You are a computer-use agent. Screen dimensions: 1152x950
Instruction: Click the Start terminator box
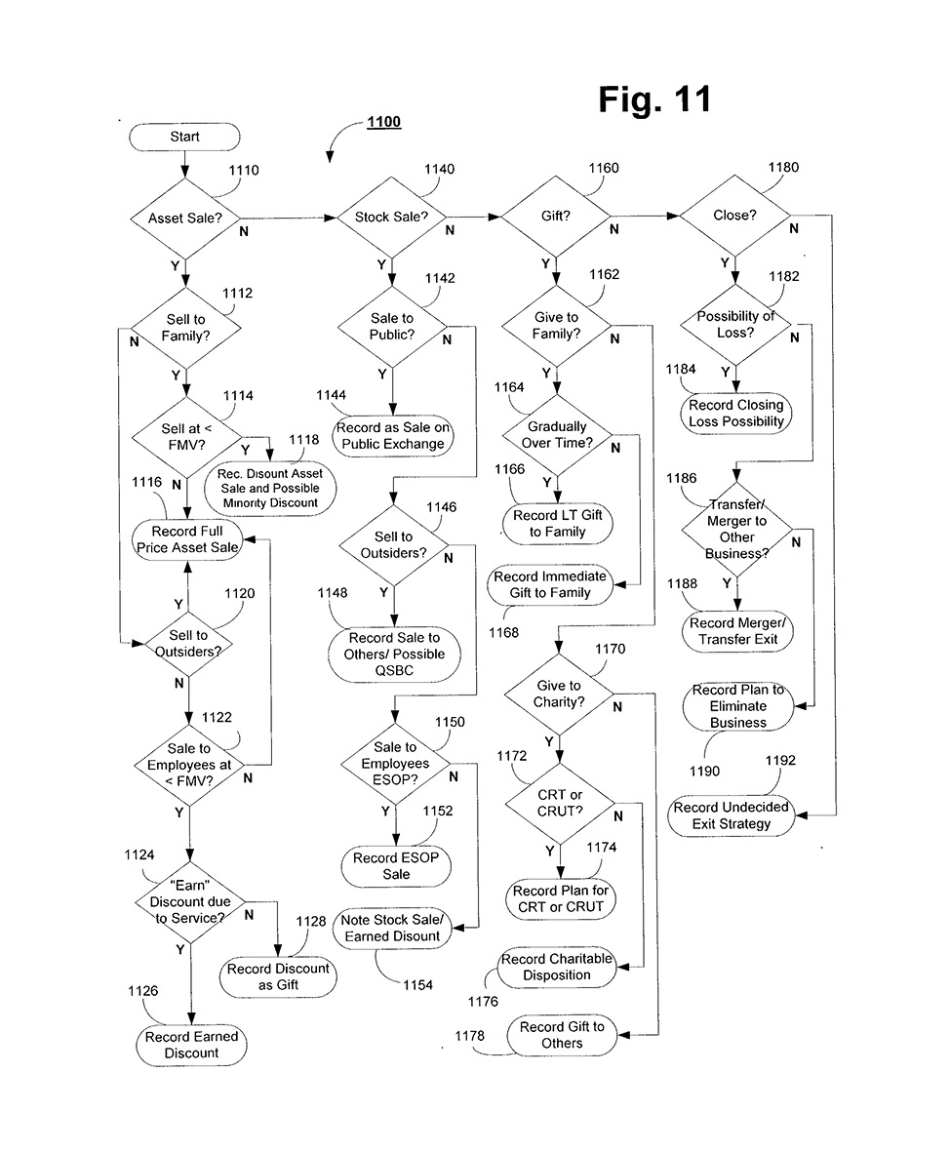184,137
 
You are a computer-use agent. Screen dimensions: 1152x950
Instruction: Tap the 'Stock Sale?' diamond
391,217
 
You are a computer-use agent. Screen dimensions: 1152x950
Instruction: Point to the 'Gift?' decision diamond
555,216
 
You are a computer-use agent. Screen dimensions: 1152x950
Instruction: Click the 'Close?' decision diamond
734,216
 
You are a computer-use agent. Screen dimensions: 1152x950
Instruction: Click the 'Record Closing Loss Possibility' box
736,414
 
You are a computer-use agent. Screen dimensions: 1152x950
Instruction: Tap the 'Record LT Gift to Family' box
558,524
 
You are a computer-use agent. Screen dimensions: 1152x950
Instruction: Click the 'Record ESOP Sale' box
396,866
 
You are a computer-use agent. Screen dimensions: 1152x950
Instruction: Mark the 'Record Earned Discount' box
191,1045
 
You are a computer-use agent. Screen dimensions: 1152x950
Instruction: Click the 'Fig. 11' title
654,99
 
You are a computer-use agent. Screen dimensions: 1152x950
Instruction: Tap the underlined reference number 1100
383,123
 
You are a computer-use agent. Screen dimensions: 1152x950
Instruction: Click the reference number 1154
418,985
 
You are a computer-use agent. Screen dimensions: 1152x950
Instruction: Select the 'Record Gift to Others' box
562,1035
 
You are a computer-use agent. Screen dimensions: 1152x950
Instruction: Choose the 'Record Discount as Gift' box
278,976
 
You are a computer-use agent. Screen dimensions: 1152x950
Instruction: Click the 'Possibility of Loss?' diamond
735,325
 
